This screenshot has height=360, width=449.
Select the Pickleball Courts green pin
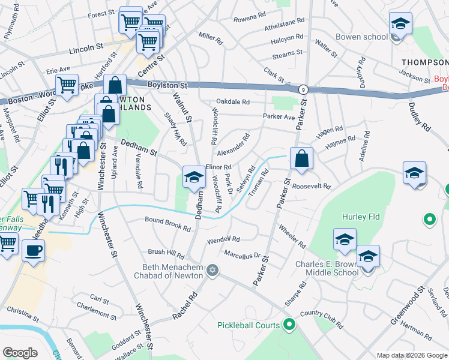coord(289,325)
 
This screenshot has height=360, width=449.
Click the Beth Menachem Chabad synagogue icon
coord(211,271)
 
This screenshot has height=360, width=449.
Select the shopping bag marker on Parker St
coord(301,159)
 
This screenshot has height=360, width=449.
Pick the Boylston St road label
coord(166,85)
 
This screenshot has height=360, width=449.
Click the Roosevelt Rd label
coord(312,186)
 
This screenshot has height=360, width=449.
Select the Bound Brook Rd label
coord(167,221)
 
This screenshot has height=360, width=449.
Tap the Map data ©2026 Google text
coord(411,355)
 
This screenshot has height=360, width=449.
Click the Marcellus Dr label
coord(241,254)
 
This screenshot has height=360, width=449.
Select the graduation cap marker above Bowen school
coord(400,23)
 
